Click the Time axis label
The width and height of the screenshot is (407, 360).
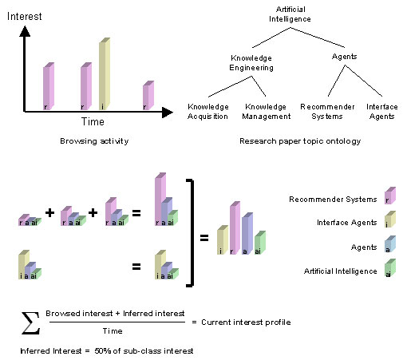(x=92, y=121)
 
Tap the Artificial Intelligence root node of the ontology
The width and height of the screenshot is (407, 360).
(x=290, y=14)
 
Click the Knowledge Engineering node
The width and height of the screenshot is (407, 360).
(x=251, y=63)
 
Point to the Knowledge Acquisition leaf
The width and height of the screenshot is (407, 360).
(x=208, y=111)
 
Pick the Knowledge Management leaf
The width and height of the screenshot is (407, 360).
(x=265, y=111)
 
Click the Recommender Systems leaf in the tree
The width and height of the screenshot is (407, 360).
(x=324, y=111)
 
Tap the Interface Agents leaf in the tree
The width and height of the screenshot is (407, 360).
(x=381, y=111)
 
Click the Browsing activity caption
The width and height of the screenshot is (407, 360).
(x=94, y=140)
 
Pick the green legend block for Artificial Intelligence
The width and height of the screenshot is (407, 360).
(x=389, y=272)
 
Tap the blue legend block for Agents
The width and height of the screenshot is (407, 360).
(x=389, y=247)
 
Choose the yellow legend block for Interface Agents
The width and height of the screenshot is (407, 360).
(x=389, y=221)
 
